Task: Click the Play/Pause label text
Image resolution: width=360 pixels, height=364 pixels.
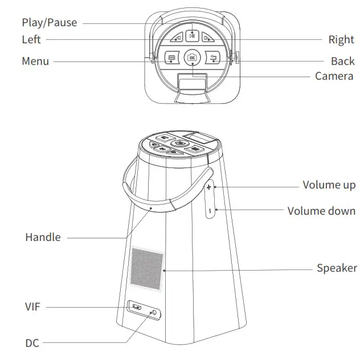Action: (49, 23)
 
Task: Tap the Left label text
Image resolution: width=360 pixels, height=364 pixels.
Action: (31, 40)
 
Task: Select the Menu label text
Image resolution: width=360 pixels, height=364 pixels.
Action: (35, 61)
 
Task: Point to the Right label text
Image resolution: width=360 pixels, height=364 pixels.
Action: (341, 40)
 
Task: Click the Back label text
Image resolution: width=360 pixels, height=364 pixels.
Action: (342, 61)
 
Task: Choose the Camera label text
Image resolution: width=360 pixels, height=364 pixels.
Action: (334, 76)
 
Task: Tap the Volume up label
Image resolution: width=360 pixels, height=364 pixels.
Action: (329, 185)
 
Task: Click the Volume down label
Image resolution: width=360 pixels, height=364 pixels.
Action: (321, 211)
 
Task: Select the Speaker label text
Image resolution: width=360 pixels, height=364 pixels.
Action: (337, 268)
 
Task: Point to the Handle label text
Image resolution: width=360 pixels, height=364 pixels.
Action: (43, 237)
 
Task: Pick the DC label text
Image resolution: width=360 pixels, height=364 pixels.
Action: (32, 343)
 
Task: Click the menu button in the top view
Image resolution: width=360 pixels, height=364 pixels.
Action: (170, 58)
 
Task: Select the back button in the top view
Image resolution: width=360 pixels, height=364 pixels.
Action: (214, 58)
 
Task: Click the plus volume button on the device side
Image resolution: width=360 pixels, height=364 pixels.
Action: (209, 187)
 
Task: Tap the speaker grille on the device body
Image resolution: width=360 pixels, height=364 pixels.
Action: (148, 267)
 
